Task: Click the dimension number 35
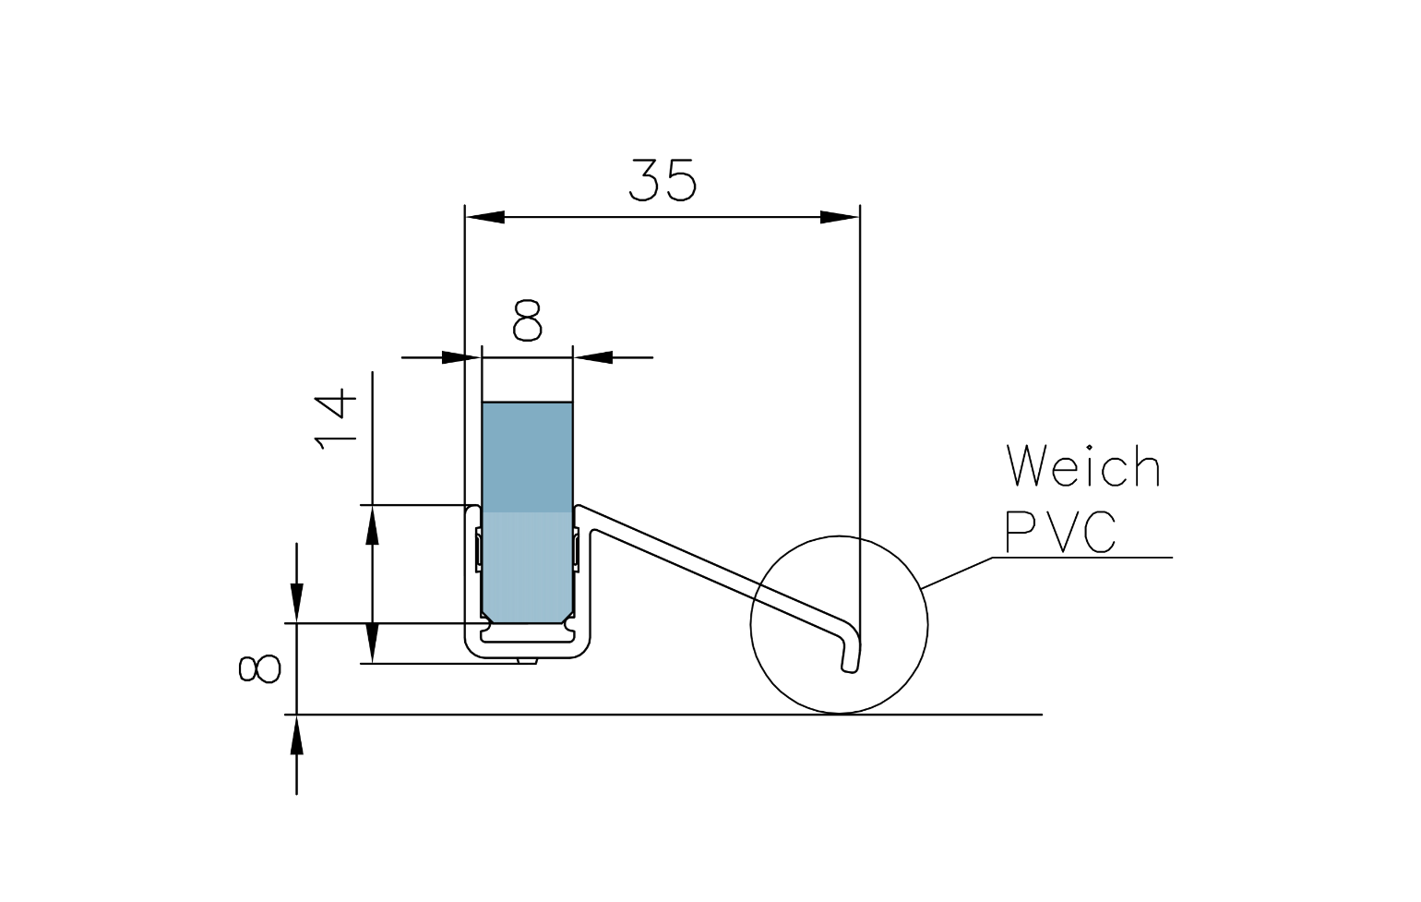(x=663, y=180)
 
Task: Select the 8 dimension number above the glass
(x=527, y=321)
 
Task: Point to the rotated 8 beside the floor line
(x=259, y=668)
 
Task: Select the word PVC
(x=1061, y=532)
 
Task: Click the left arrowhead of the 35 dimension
(x=485, y=217)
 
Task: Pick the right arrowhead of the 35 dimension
(x=839, y=217)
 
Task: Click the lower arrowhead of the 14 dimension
(x=372, y=643)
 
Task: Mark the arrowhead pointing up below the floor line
(x=296, y=737)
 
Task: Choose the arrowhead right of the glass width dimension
(x=595, y=357)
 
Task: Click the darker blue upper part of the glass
(x=527, y=457)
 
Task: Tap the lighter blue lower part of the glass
(x=527, y=563)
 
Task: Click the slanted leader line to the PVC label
(x=957, y=572)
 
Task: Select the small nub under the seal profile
(x=527, y=661)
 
